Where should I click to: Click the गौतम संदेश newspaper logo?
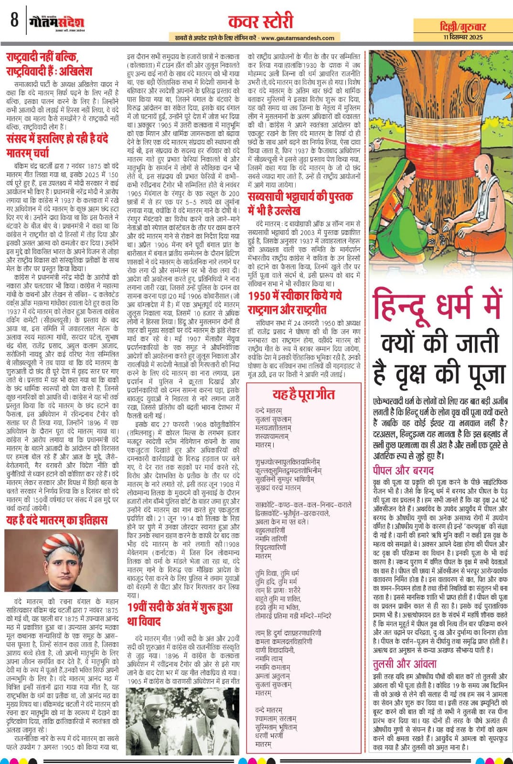pos(56,22)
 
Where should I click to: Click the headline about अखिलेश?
pos(49,64)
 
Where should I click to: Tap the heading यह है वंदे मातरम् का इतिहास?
pos(57,520)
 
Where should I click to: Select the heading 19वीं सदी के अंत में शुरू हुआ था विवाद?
pos(180,614)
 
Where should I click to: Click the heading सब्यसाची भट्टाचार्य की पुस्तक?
pos(301,203)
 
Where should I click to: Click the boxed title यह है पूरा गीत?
pos(303,394)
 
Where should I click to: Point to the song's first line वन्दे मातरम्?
pos(269,410)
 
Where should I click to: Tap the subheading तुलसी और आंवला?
pos(405,664)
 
